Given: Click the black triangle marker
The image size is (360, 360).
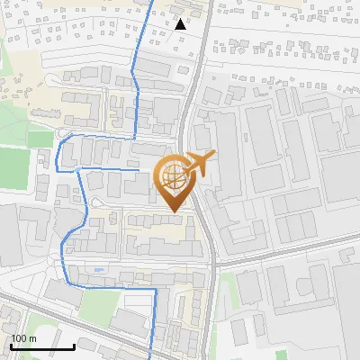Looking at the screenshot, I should click(x=181, y=24).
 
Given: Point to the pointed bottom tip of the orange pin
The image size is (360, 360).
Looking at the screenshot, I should click(x=171, y=213).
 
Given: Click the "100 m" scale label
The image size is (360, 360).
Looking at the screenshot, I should click(x=23, y=338).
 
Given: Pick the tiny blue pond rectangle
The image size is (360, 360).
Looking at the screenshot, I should click(x=98, y=269).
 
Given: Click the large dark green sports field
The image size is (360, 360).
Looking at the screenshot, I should click(x=13, y=166).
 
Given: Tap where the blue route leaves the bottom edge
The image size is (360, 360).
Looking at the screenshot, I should click(x=149, y=357).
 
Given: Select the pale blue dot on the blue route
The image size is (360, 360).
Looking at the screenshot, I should click(x=78, y=168).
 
